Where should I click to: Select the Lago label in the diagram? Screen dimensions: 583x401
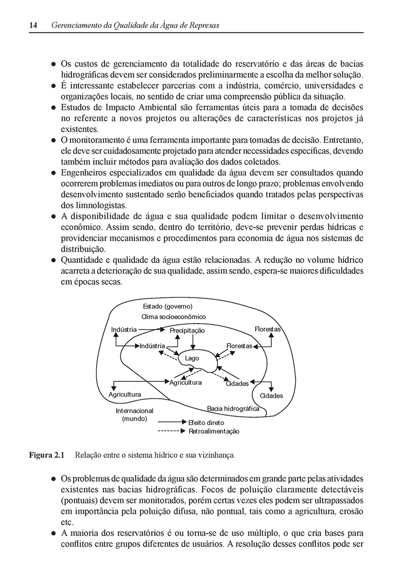[192, 359]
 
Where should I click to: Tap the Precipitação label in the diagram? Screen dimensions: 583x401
[188, 330]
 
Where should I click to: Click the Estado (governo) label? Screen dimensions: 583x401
[168, 306]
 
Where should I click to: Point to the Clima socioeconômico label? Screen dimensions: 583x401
[174, 317]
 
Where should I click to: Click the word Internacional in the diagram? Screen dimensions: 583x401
[134, 411]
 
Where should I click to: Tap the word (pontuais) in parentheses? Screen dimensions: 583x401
[79, 500]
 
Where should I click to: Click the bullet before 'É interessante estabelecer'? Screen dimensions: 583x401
[54, 86]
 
